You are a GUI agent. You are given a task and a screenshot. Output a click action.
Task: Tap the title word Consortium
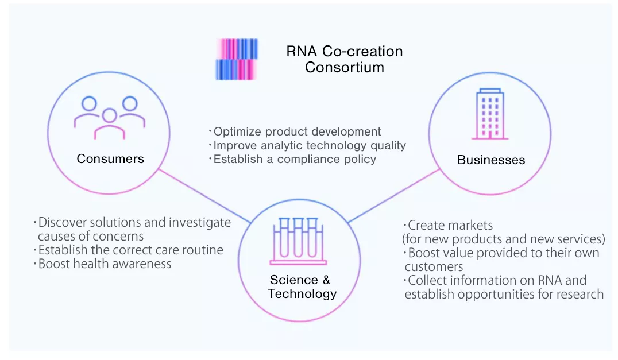(344, 67)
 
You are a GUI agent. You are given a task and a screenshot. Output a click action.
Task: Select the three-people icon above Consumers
(110, 117)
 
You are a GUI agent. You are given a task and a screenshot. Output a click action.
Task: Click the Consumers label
(110, 158)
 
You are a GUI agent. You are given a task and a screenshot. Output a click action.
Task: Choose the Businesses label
(491, 160)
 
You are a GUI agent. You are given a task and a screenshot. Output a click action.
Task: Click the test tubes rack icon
(297, 241)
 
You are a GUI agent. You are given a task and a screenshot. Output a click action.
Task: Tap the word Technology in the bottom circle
(302, 294)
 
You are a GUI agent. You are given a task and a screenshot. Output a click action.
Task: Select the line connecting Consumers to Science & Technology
(204, 195)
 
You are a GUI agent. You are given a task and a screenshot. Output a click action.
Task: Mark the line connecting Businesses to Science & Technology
(391, 195)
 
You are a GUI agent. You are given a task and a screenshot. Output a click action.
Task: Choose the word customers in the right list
(434, 267)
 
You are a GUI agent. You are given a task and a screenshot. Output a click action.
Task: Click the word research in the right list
(578, 295)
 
